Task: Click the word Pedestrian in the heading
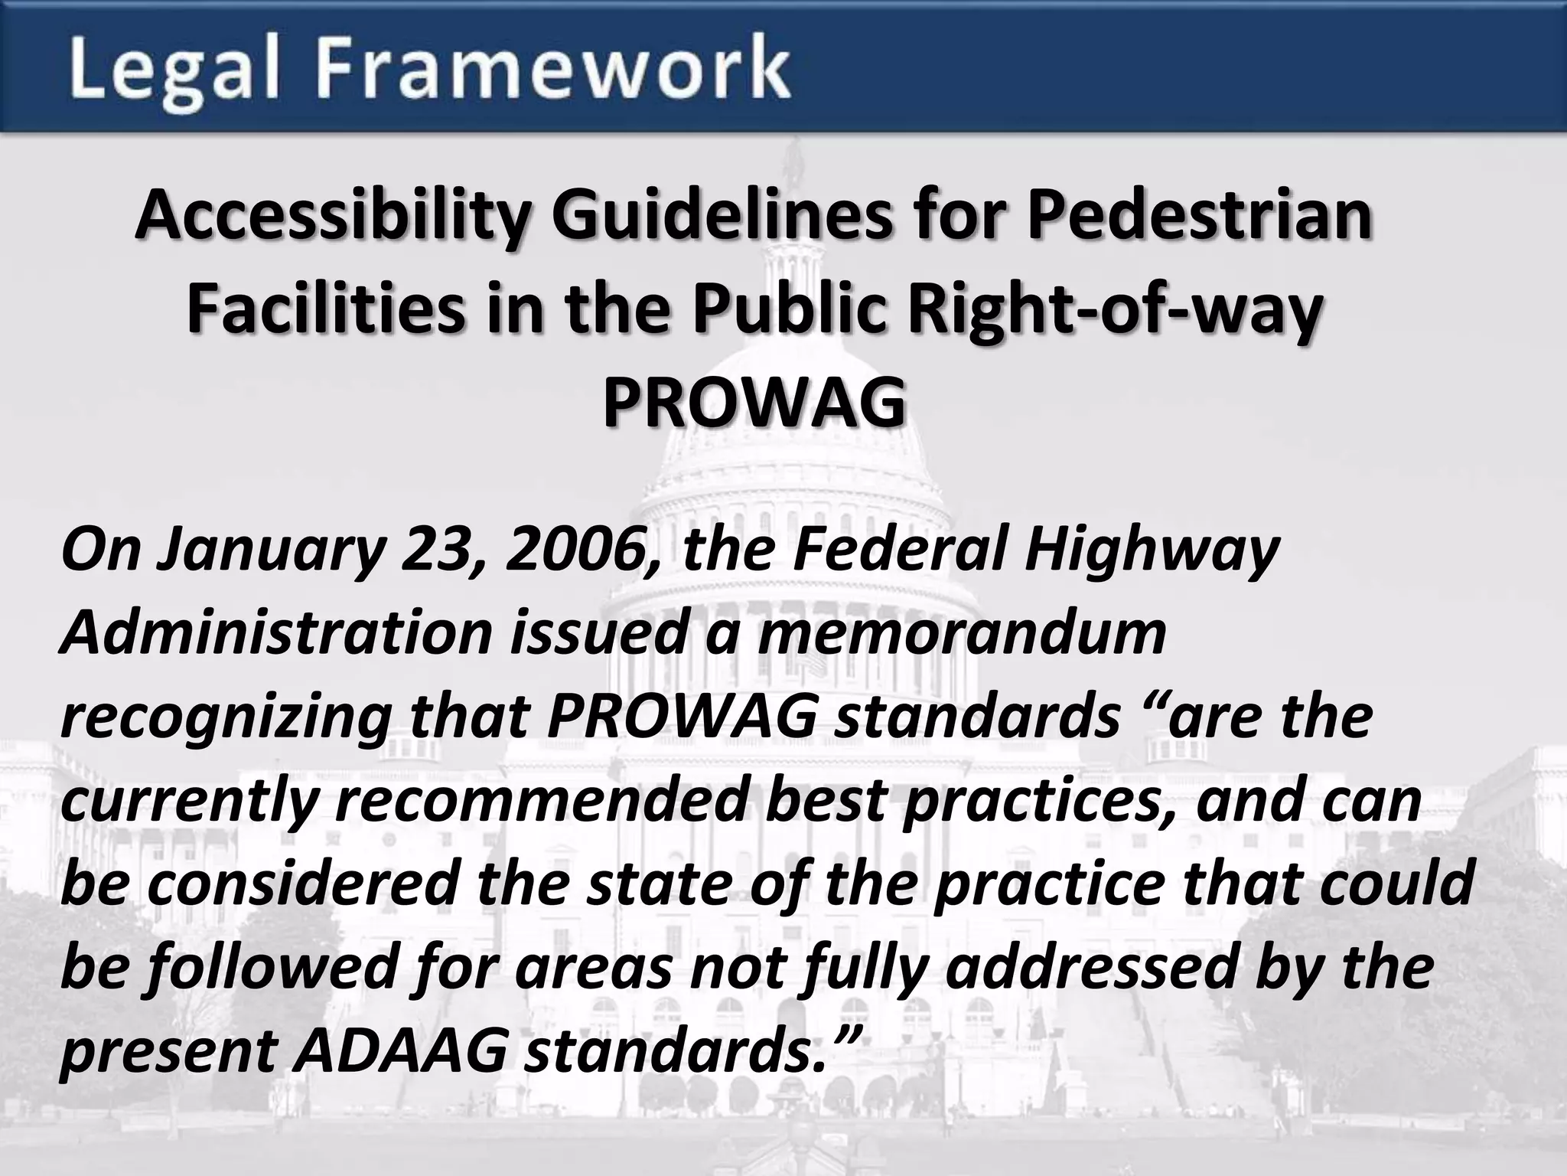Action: tap(1199, 215)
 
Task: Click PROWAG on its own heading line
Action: tap(754, 404)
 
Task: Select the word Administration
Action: tap(276, 634)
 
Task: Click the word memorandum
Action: tap(961, 634)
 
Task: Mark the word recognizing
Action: tap(225, 718)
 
